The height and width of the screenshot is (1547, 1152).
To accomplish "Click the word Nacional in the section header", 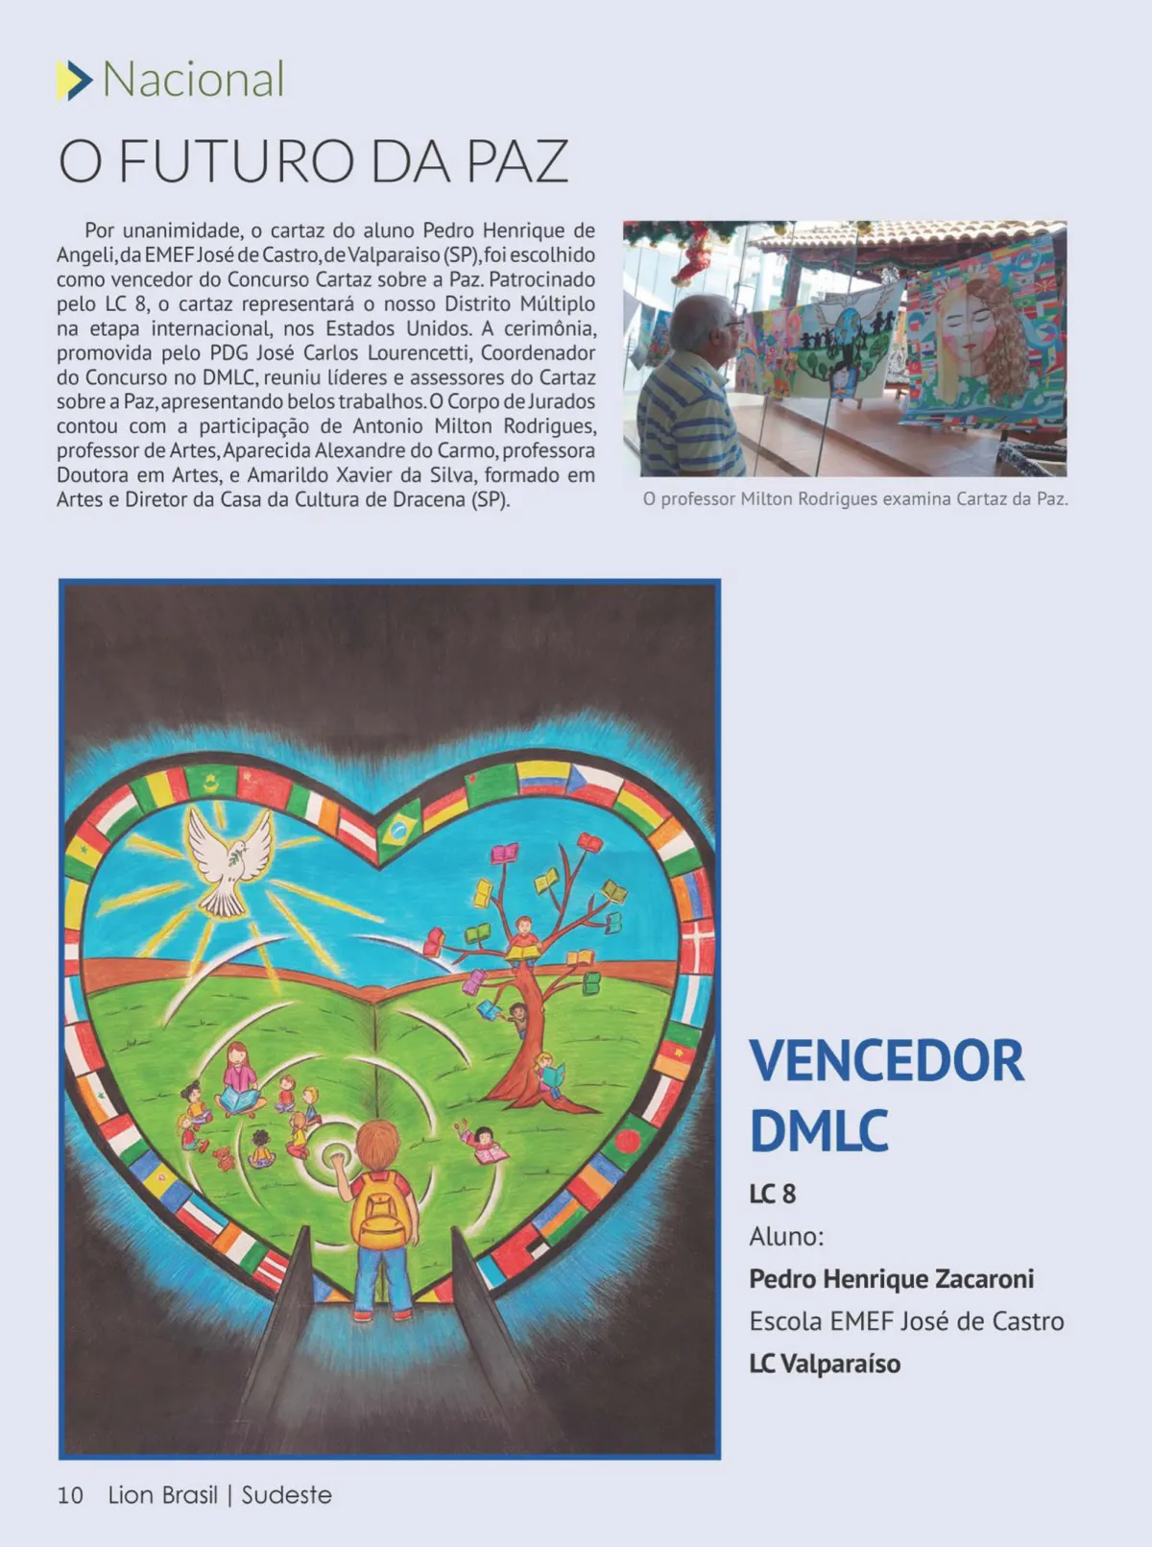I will click(193, 80).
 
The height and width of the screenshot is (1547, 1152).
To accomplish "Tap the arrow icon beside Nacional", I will click(74, 81).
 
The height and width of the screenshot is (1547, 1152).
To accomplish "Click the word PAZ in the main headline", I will click(517, 161).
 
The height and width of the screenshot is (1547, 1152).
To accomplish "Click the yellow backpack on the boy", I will click(381, 1210).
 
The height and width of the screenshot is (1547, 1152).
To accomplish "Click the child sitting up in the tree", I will click(523, 938).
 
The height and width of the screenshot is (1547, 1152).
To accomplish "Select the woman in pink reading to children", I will click(240, 1077).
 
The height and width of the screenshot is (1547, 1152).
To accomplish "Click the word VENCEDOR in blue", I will click(886, 1061).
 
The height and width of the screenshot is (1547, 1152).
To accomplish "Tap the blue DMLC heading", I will click(818, 1130).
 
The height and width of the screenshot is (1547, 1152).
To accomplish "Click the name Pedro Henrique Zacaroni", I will click(891, 1279).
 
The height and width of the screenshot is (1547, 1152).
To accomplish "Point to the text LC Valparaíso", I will click(825, 1364).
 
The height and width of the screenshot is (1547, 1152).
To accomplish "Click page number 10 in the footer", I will click(70, 1495).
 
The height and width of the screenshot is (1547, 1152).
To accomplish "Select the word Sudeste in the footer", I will click(286, 1495).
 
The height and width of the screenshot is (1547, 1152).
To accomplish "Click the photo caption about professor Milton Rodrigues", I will click(854, 499).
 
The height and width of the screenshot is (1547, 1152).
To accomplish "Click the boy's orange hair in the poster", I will click(377, 1143).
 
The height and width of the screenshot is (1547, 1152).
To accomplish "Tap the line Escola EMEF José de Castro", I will click(906, 1321).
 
